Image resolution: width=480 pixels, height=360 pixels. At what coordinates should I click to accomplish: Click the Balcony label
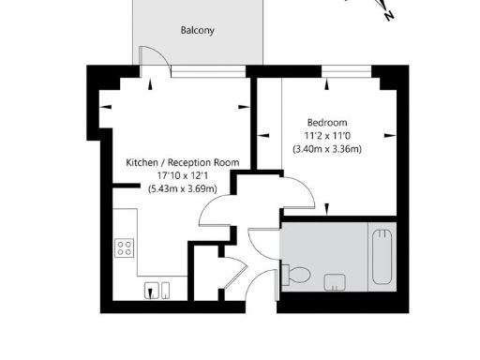pyautogui.click(x=197, y=30)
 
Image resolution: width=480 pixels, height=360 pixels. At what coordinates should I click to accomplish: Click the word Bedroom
pyautogui.click(x=327, y=123)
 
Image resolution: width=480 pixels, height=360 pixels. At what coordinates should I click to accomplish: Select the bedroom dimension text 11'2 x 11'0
pyautogui.click(x=327, y=136)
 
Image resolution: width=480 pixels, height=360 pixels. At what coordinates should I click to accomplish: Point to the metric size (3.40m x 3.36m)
pyautogui.click(x=327, y=149)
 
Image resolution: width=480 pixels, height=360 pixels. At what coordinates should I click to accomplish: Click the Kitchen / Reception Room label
pyautogui.click(x=183, y=162)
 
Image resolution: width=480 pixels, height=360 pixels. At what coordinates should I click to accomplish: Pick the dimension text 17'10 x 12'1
pyautogui.click(x=183, y=175)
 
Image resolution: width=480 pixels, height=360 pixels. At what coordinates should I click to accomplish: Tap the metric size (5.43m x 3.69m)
pyautogui.click(x=183, y=188)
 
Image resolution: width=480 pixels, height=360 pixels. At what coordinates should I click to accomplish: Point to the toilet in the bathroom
pyautogui.click(x=298, y=274)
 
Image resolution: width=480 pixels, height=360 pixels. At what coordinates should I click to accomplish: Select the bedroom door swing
pyautogui.click(x=298, y=192)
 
